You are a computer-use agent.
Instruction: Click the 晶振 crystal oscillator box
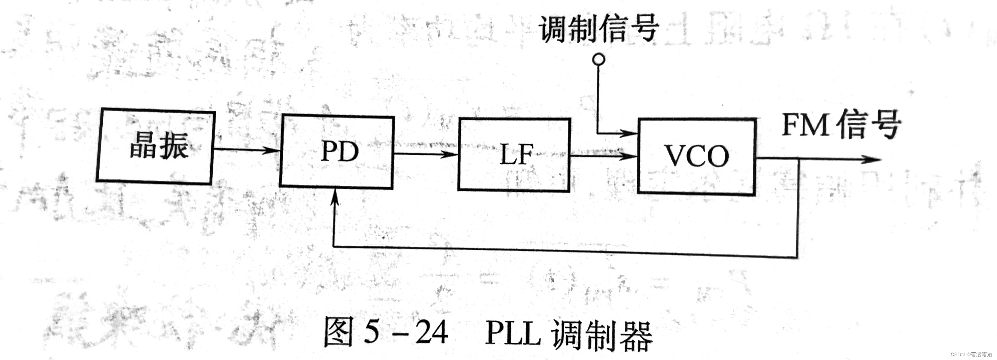[155, 146]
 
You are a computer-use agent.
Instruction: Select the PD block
[337, 152]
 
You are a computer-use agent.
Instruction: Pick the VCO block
[696, 156]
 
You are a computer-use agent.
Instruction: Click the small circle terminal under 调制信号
[599, 59]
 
